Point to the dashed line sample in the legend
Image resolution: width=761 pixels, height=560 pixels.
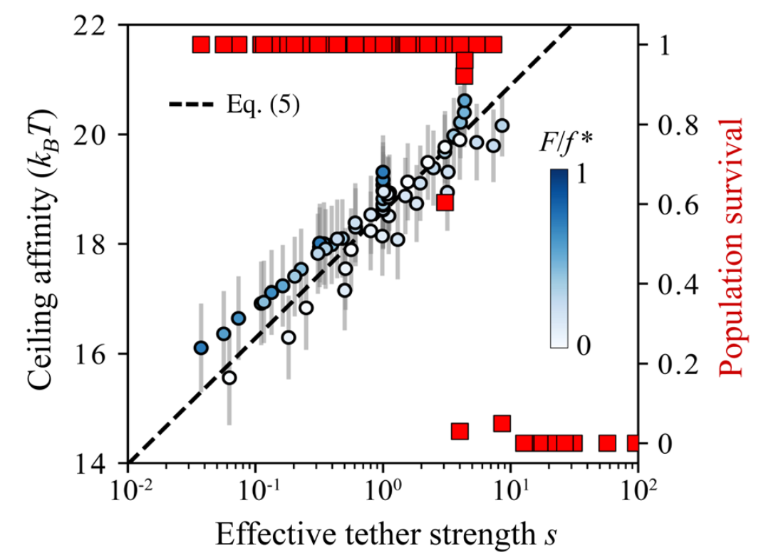pyautogui.click(x=191, y=105)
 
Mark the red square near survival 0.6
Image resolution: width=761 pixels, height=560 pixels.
pyautogui.click(x=446, y=202)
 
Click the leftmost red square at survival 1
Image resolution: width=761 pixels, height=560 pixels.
pyautogui.click(x=201, y=45)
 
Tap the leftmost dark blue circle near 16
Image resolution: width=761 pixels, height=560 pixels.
pyautogui.click(x=201, y=348)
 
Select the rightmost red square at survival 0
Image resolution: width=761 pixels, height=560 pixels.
pyautogui.click(x=633, y=443)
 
